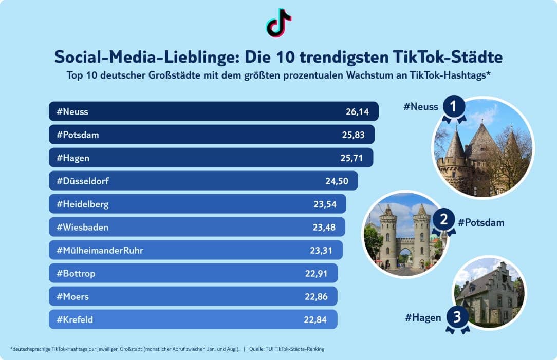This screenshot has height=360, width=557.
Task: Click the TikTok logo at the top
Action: (x=278, y=23)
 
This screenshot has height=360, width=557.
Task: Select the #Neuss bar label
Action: (x=72, y=111)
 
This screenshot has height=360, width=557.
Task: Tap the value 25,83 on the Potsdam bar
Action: (x=352, y=135)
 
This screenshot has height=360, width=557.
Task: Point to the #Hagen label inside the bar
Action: (x=73, y=158)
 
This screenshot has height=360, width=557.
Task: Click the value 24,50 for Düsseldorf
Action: (x=336, y=181)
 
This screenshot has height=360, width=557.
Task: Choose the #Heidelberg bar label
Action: (x=82, y=204)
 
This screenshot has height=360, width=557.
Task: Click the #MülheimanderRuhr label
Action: (x=100, y=250)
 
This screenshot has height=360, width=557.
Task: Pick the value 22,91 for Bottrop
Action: (x=316, y=273)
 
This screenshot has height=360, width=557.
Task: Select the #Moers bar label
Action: (x=72, y=296)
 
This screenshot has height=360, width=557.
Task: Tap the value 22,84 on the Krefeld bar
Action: (x=315, y=319)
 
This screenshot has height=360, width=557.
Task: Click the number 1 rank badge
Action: (x=453, y=107)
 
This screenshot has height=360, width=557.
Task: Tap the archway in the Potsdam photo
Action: (x=405, y=255)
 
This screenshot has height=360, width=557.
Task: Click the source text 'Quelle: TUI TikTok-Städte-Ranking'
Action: (x=287, y=349)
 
